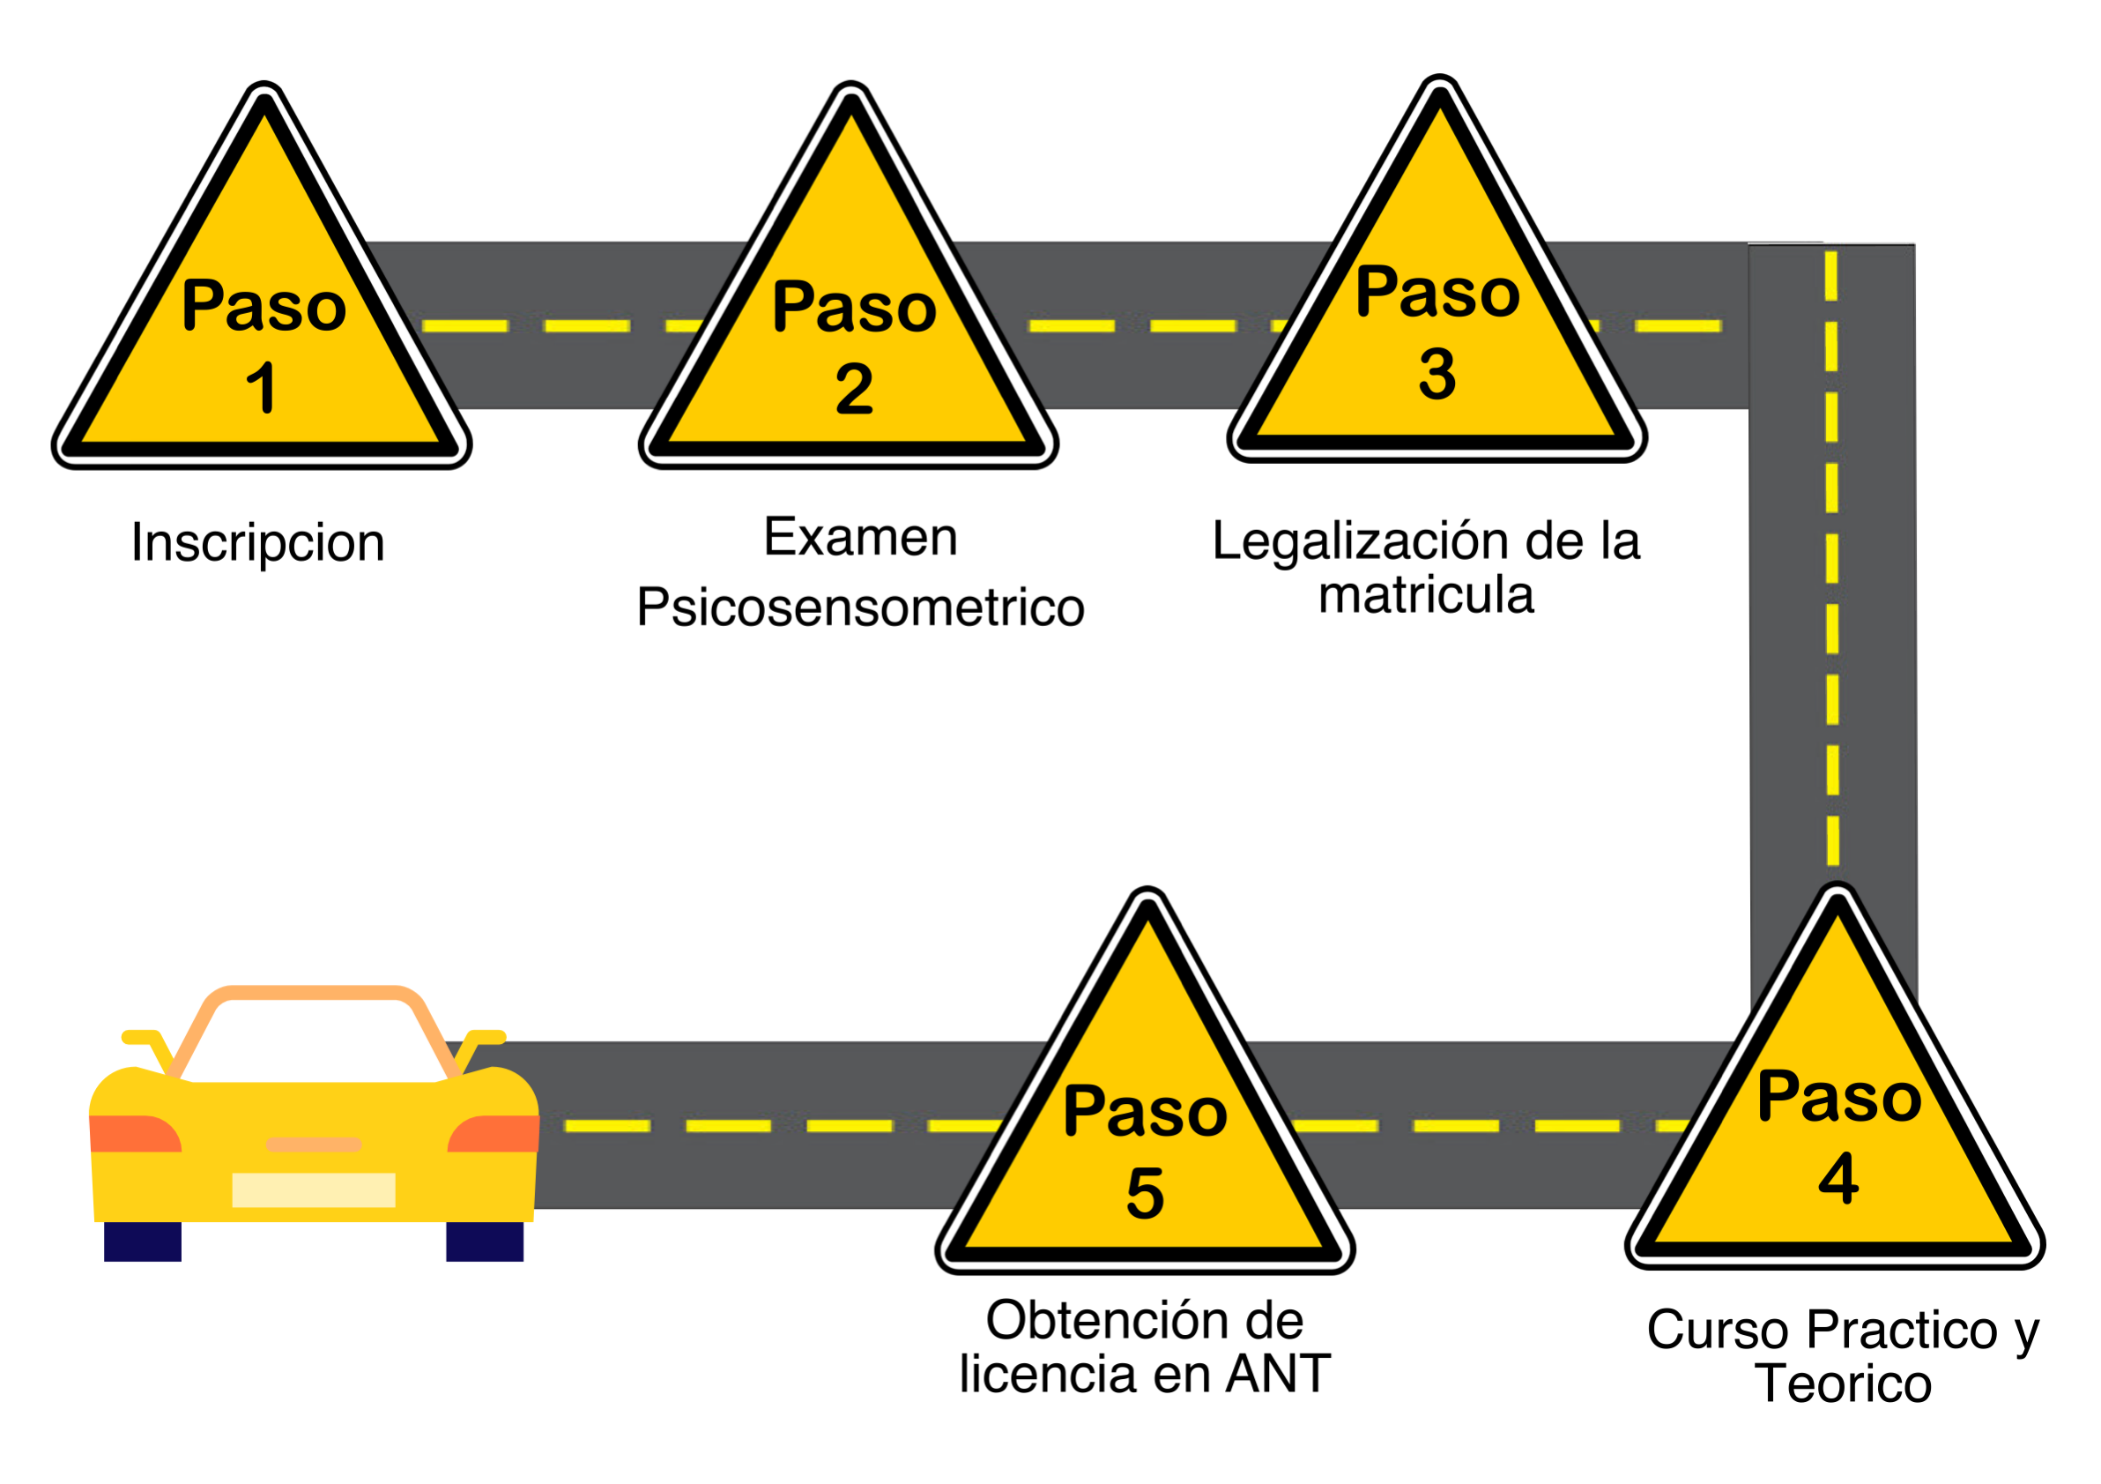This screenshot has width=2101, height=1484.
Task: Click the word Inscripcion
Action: click(x=258, y=544)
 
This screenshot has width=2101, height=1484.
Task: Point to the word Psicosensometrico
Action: click(x=861, y=608)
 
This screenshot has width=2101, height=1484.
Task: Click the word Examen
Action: click(x=861, y=537)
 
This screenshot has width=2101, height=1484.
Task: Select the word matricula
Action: click(x=1427, y=596)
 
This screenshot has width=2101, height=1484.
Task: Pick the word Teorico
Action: click(x=1843, y=1383)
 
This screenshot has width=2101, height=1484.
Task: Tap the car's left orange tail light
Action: click(x=136, y=1133)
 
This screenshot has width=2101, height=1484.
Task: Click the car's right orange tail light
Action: click(x=494, y=1133)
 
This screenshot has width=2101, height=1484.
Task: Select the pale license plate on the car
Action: click(x=314, y=1190)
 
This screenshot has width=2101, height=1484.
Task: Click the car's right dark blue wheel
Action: click(x=485, y=1242)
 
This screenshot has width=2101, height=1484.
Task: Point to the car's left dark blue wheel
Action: click(x=143, y=1242)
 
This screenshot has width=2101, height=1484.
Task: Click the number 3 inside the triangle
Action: click(x=1437, y=375)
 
